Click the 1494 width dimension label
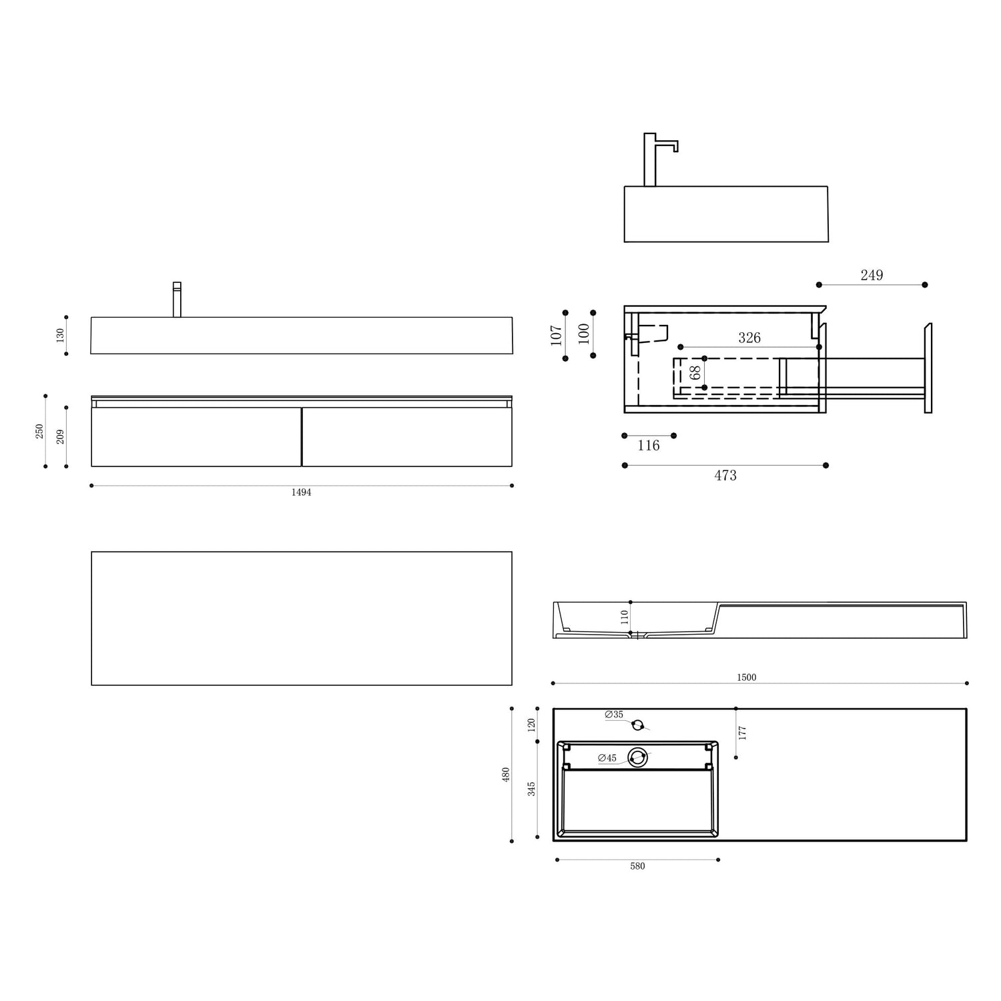coord(301,492)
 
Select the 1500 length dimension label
coord(746,677)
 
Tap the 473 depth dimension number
coord(725,475)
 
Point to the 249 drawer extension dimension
coord(872,275)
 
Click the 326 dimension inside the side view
coord(749,338)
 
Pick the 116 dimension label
coord(649,445)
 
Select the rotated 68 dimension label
coord(695,372)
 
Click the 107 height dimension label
coord(557,334)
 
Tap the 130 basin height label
coord(60,335)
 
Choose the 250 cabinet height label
coord(39,431)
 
